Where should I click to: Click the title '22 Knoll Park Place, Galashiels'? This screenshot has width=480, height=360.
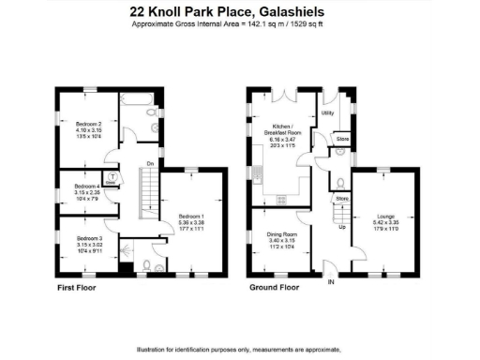coord(239,12)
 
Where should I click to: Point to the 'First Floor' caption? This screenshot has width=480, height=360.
coord(79,288)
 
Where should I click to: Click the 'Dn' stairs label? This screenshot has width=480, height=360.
coord(149,168)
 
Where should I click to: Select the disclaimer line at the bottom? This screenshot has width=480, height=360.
coord(239,350)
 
